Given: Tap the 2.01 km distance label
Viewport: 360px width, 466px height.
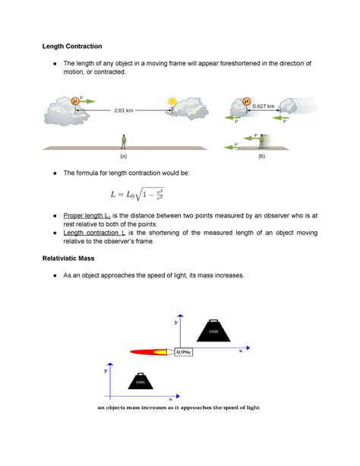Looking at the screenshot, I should (124, 111).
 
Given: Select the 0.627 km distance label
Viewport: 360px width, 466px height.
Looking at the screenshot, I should (264, 106).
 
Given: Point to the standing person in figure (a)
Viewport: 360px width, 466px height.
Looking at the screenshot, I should (123, 141).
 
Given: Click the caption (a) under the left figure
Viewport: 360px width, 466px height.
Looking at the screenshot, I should (123, 156).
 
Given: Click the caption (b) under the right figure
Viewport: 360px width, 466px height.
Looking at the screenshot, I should (261, 156).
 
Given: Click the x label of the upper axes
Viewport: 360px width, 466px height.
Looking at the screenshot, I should (238, 352).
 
